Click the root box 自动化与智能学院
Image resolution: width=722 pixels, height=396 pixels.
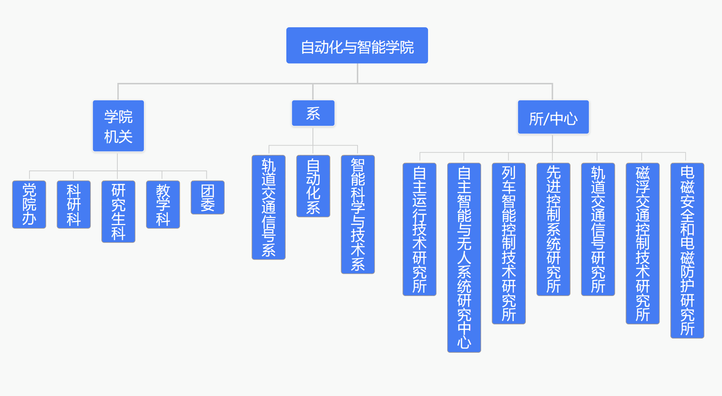pos(357,45)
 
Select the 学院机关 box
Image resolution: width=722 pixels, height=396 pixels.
pos(118,126)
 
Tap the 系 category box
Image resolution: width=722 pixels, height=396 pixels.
pos(313,113)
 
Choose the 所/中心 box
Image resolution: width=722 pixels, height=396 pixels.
pos(553,117)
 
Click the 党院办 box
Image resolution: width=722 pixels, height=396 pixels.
pos(29,204)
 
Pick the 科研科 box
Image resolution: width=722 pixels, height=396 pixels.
pos(74,204)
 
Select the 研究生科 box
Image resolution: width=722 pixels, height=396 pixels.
pos(118,212)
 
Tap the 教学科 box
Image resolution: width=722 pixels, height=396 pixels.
pos(163,204)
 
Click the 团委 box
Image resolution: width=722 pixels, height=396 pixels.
pos(208,197)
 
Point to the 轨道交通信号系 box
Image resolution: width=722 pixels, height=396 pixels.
pos(269,207)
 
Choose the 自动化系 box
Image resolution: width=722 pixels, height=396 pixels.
pos(313,186)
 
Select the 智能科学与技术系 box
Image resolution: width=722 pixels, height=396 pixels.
pos(358,215)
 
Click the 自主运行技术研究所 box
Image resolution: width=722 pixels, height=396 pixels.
pos(420,229)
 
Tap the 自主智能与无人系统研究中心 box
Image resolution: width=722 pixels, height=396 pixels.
pos(464,258)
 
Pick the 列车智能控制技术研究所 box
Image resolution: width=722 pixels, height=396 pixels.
pos(509,244)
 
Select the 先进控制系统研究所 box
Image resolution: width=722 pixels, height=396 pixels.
pos(553,229)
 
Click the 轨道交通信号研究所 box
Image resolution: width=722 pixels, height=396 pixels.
pos(598,229)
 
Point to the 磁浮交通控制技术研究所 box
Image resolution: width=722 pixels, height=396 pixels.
pos(643,244)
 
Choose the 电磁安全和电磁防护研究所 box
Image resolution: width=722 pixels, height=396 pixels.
pos(687,251)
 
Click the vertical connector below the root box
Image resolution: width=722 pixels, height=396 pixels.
pos(358,73)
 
